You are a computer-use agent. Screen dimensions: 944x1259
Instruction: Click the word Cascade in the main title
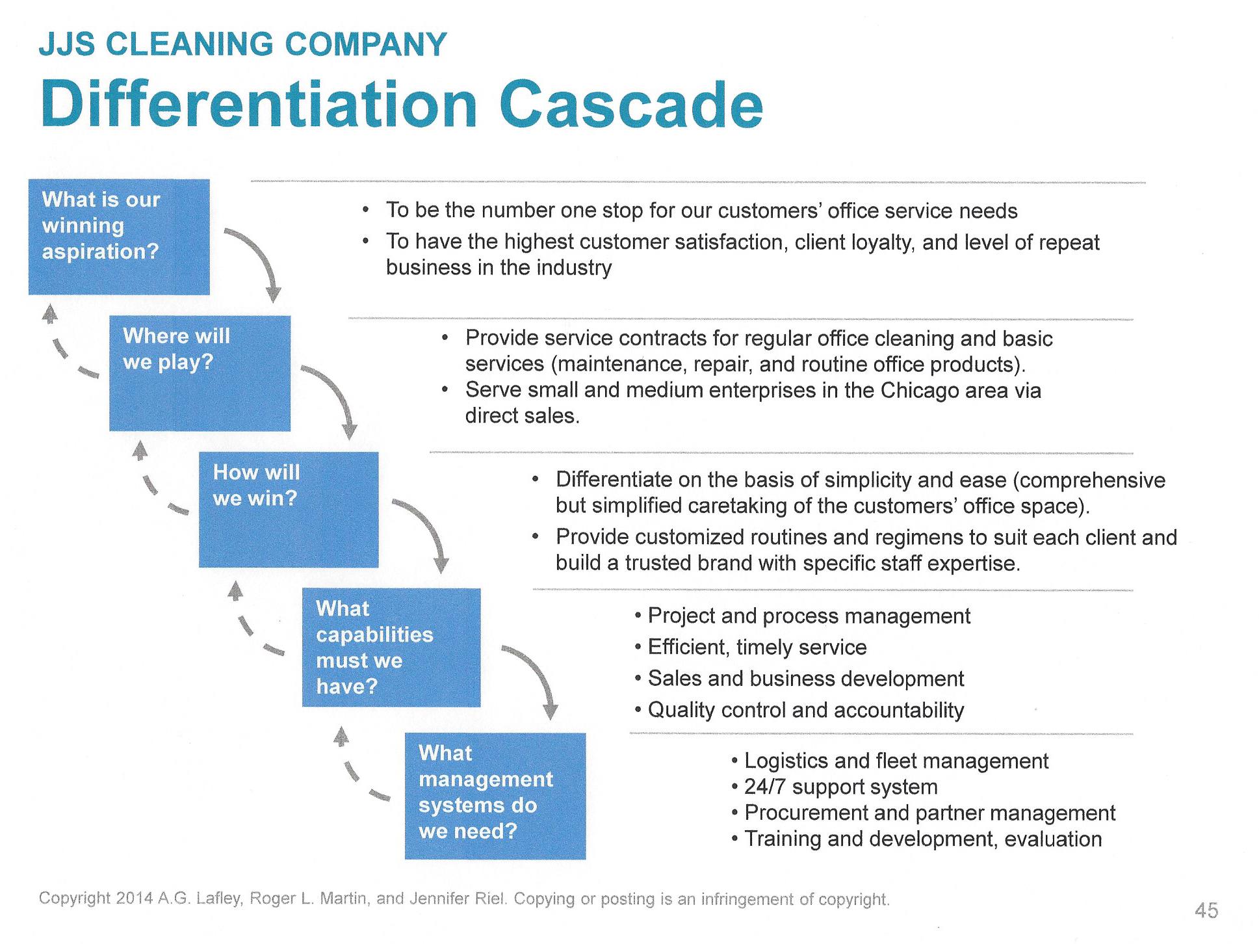[630, 105]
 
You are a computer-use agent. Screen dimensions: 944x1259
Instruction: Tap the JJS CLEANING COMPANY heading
[243, 45]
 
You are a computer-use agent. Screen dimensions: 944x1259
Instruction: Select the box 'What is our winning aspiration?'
[119, 237]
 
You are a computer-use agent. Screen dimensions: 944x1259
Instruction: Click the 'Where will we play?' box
[200, 373]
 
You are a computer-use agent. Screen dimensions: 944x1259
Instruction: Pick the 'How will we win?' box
[288, 509]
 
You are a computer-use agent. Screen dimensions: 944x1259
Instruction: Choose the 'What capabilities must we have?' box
[391, 647]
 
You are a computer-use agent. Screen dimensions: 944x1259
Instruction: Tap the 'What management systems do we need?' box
[495, 795]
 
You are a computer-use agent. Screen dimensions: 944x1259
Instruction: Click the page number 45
[1206, 911]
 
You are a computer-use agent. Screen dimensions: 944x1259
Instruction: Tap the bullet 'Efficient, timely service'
[757, 647]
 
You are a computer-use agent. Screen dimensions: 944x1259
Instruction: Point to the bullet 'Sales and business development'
[805, 679]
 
